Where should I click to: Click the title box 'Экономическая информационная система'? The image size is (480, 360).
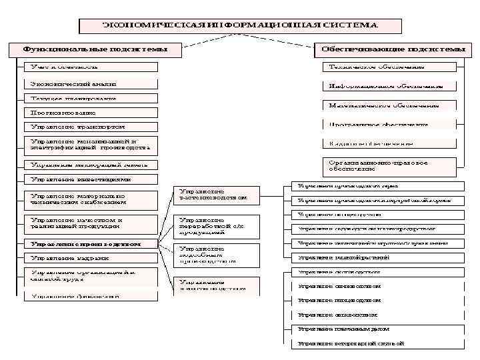point(240,25)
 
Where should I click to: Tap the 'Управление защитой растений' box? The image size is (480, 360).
point(373,257)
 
